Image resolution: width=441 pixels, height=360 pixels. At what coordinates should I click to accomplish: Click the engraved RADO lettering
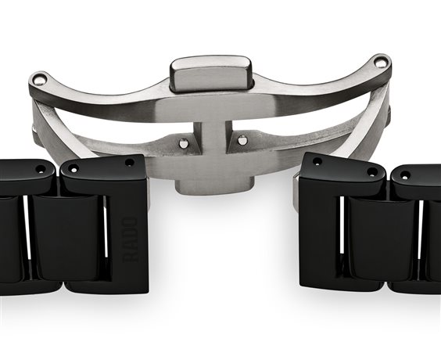click(130, 239)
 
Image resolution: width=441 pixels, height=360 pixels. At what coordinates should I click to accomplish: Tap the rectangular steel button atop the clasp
click(211, 74)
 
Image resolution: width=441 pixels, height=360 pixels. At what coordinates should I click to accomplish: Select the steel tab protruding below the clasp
click(214, 185)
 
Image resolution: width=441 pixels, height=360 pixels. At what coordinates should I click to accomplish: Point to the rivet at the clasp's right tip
click(380, 63)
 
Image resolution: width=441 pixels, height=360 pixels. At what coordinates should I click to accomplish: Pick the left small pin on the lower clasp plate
click(184, 143)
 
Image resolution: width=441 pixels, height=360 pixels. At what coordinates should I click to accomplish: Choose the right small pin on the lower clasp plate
click(242, 140)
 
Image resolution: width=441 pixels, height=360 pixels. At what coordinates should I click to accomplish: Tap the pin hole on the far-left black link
click(41, 170)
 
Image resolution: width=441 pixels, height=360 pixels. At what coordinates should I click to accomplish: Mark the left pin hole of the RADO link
click(73, 170)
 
